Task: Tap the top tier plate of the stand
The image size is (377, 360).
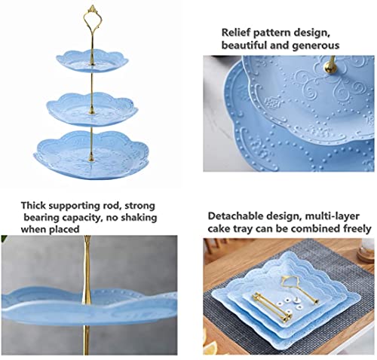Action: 92,61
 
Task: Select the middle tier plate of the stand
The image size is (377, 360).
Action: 92,109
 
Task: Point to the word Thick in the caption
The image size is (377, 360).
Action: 33,206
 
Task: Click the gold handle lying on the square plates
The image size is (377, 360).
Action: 299,288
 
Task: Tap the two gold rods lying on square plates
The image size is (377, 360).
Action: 271,307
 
